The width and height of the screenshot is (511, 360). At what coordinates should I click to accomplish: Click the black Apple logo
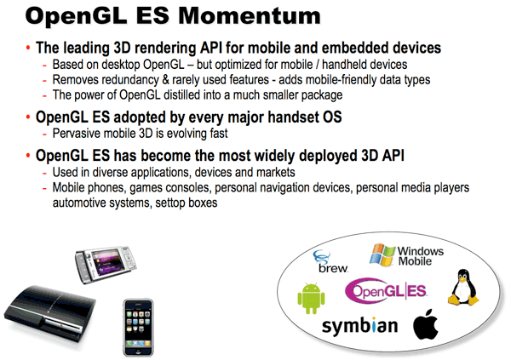pos(426,325)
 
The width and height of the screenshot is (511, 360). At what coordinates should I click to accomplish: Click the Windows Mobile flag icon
pos(382,254)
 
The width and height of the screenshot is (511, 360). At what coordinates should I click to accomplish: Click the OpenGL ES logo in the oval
pos(385,291)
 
